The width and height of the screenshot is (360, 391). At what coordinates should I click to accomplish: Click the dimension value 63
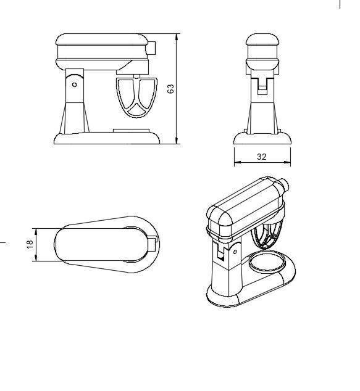click(x=171, y=88)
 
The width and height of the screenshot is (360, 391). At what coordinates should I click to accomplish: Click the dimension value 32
click(x=261, y=157)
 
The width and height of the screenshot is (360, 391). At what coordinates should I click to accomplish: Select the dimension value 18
click(x=29, y=244)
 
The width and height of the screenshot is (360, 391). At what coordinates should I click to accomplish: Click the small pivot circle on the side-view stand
click(x=75, y=84)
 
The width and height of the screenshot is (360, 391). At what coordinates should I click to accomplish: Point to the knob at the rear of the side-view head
click(x=152, y=47)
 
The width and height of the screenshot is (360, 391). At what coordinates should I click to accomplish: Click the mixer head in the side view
click(x=102, y=49)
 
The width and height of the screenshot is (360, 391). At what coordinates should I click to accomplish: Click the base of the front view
click(x=262, y=138)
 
